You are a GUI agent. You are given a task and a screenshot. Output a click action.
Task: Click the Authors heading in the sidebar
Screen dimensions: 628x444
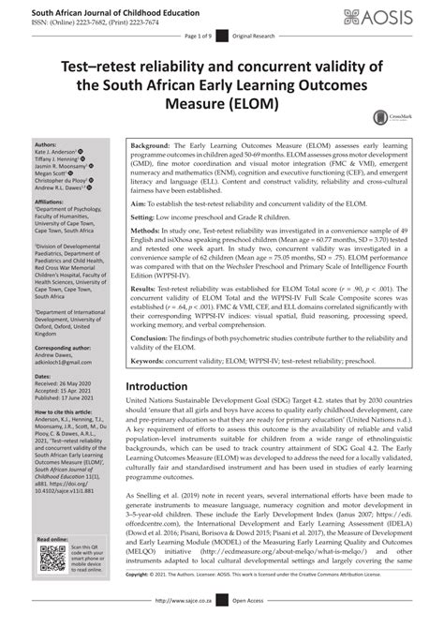(x=44, y=145)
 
